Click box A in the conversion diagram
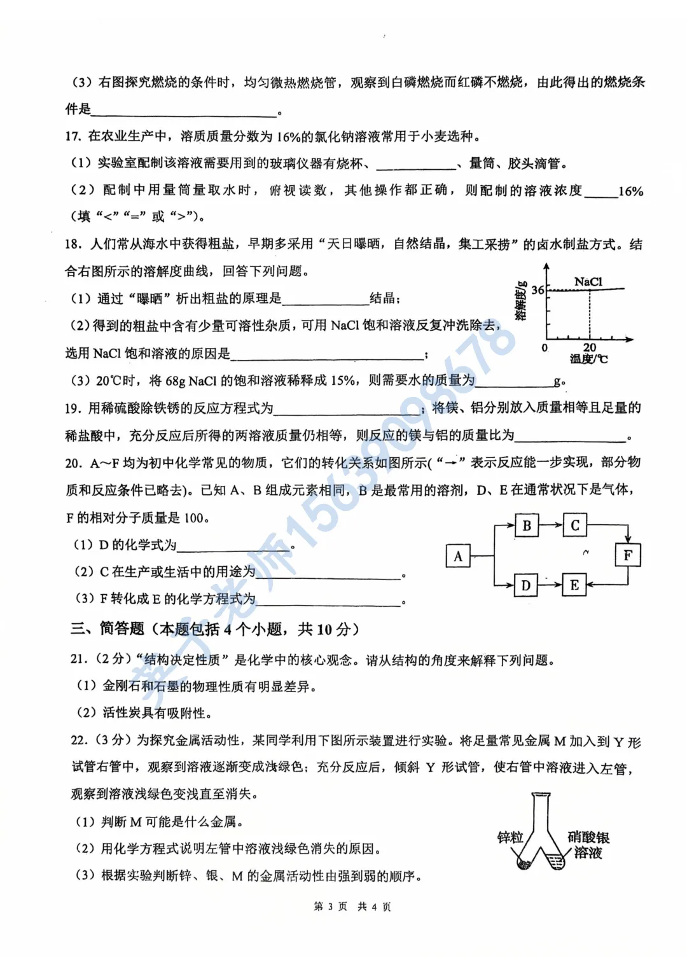pyautogui.click(x=458, y=556)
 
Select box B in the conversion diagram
pyautogui.click(x=527, y=525)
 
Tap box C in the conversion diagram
pyautogui.click(x=574, y=525)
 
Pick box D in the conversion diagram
pyautogui.click(x=525, y=585)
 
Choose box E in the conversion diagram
pyautogui.click(x=574, y=585)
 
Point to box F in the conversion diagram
pyautogui.click(x=628, y=555)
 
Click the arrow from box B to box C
pyautogui.click(x=551, y=525)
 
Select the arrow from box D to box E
pyautogui.click(x=550, y=585)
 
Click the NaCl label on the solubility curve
pyautogui.click(x=588, y=281)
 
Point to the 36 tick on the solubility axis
pyautogui.click(x=538, y=290)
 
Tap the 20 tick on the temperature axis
pyautogui.click(x=590, y=347)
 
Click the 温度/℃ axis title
pyautogui.click(x=588, y=359)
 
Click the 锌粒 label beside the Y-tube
pyautogui.click(x=510, y=837)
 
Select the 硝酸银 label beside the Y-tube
pyautogui.click(x=588, y=837)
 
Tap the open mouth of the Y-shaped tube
pyautogui.click(x=541, y=795)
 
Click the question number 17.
pyautogui.click(x=73, y=136)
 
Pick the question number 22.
pyautogui.click(x=79, y=740)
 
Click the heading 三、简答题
pyautogui.click(x=108, y=629)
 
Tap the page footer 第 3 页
pyautogui.click(x=330, y=906)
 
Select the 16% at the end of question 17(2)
pyautogui.click(x=630, y=191)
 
